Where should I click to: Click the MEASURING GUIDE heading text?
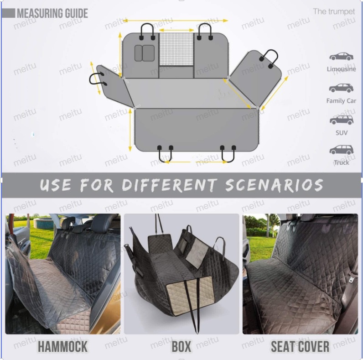coord(52,13)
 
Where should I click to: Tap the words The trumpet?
coord(334,11)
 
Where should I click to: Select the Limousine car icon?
coord(341,56)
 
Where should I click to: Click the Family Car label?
coord(341,101)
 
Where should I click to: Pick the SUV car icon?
coord(341,120)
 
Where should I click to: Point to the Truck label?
coord(341,162)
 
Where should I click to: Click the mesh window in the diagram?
coord(176,49)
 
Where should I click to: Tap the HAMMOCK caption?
coord(62,346)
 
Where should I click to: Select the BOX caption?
coord(181,346)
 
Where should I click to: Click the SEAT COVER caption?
coord(300,346)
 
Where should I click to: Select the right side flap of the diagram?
coord(254,78)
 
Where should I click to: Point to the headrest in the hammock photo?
coord(67,223)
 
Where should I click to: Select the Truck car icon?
coord(341,150)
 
